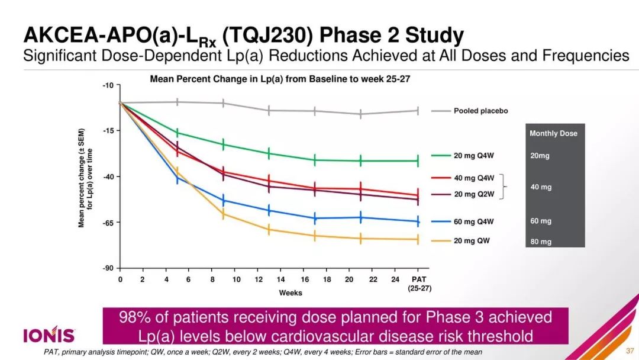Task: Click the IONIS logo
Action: (x=49, y=336)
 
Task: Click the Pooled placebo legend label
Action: (x=480, y=111)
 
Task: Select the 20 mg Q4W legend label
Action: (x=473, y=156)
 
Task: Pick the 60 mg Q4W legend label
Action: (x=473, y=222)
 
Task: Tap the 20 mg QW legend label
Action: (x=472, y=241)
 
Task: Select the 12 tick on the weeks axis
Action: (x=258, y=279)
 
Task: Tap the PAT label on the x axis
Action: (x=419, y=279)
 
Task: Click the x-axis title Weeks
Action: (x=291, y=293)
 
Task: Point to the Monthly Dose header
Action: (x=553, y=134)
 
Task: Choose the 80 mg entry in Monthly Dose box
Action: (x=541, y=242)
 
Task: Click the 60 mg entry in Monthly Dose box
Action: (x=541, y=221)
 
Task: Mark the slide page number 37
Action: (x=630, y=351)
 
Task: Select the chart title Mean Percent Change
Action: (x=280, y=79)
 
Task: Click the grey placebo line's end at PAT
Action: (x=418, y=111)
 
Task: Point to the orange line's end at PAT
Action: (x=418, y=239)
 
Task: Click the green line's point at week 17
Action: (x=315, y=160)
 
